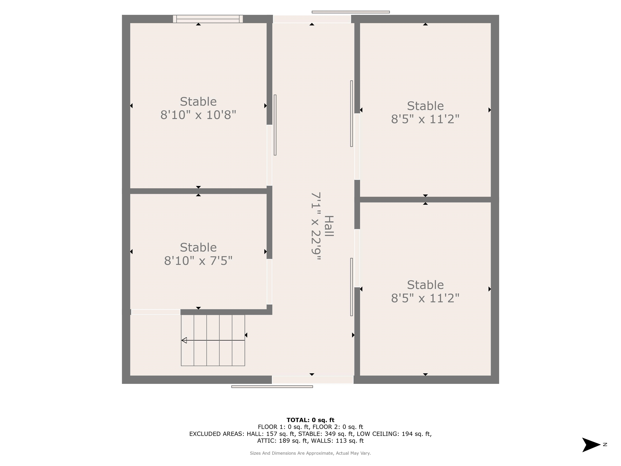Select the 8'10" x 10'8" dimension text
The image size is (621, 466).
(x=198, y=115)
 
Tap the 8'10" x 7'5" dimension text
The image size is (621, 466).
(x=198, y=261)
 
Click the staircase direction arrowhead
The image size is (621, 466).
(x=184, y=340)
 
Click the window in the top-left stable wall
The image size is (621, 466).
(x=208, y=19)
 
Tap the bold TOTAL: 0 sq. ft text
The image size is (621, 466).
(x=310, y=420)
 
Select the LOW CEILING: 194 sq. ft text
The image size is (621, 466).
(x=394, y=434)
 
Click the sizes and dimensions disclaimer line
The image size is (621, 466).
(x=310, y=453)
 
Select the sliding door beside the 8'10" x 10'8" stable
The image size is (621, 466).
(x=275, y=125)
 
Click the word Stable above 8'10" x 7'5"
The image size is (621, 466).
(x=198, y=248)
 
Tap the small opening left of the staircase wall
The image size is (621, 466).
(x=155, y=312)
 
